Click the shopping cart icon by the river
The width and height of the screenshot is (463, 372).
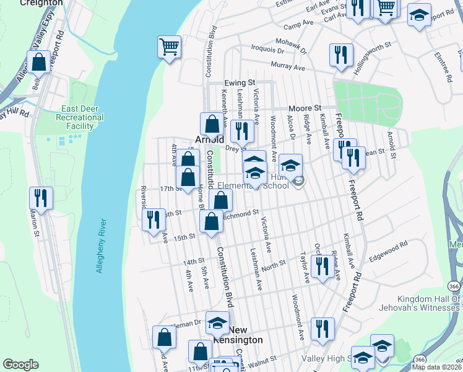click(169, 46)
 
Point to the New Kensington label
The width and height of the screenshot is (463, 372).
click(246, 335)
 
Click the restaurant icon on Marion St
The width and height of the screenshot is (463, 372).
click(40, 198)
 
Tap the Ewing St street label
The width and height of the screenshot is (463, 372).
click(240, 82)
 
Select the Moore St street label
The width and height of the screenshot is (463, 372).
click(303, 108)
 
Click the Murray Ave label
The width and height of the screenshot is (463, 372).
click(288, 66)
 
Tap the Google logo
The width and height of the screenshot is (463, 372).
click(20, 365)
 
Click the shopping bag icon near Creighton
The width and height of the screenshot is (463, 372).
click(39, 62)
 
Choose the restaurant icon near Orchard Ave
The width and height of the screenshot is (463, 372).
click(322, 267)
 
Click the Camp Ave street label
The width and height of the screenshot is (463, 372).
click(298, 26)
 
